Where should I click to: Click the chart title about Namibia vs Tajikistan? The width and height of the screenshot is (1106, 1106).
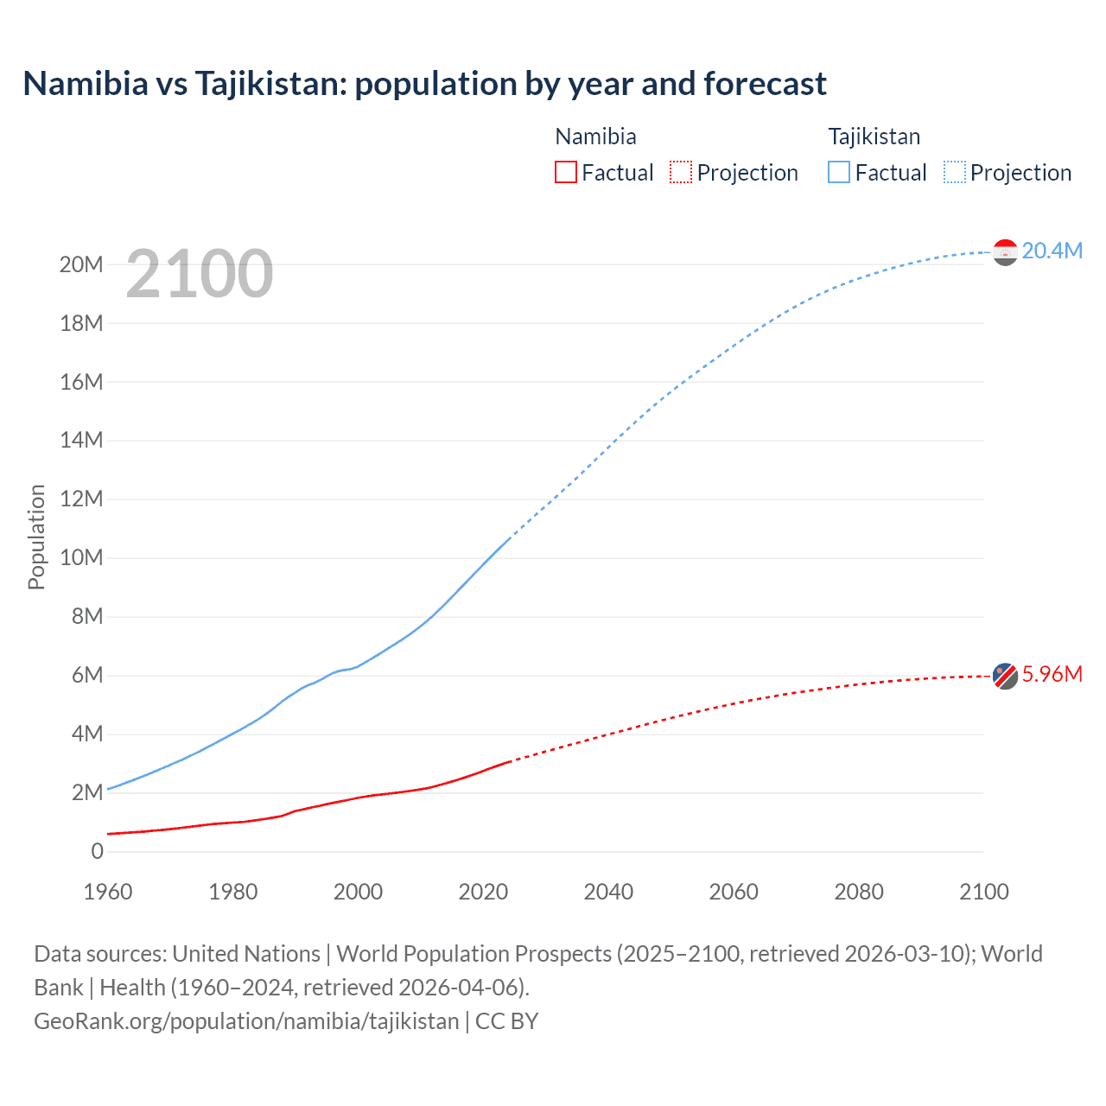(x=424, y=84)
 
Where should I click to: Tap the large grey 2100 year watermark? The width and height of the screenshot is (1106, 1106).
(x=200, y=274)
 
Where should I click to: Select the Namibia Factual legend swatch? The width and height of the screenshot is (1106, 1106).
(x=565, y=172)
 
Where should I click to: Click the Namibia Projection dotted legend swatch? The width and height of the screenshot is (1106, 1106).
(x=681, y=172)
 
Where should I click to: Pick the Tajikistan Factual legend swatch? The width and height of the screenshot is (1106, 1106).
(x=839, y=172)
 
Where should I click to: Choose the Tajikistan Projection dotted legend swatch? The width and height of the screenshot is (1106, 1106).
(x=954, y=172)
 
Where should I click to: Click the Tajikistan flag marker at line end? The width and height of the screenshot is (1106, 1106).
(x=1005, y=252)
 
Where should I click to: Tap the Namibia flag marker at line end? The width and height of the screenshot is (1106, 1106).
(x=1005, y=676)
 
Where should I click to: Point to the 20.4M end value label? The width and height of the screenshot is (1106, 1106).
(x=1052, y=251)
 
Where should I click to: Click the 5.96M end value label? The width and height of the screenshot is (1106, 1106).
(x=1052, y=674)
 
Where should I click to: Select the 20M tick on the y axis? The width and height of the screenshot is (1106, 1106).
(x=81, y=264)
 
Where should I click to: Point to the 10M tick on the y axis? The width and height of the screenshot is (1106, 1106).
(x=81, y=557)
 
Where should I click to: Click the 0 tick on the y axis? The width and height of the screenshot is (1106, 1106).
(x=97, y=851)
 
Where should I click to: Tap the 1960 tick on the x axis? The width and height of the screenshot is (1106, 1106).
(x=108, y=892)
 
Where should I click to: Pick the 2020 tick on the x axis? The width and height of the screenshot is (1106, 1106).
(x=483, y=892)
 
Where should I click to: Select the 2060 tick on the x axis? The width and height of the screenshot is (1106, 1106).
(x=734, y=892)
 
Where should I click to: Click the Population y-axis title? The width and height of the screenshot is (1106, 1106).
(x=36, y=537)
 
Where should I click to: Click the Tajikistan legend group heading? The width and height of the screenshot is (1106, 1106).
(x=874, y=137)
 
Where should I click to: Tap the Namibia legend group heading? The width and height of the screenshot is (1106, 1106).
(x=595, y=137)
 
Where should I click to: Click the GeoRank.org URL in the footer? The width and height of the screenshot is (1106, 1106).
(x=246, y=1021)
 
